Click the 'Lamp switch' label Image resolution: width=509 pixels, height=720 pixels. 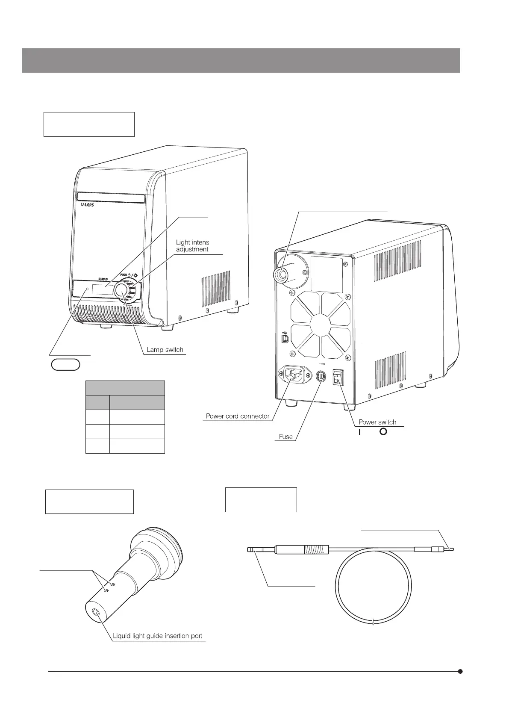pyautogui.click(x=165, y=350)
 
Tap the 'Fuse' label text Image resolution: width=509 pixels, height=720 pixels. pyautogui.click(x=285, y=437)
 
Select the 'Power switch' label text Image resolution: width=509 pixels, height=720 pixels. pyautogui.click(x=377, y=422)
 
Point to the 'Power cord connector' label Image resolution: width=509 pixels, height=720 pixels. pyautogui.click(x=238, y=416)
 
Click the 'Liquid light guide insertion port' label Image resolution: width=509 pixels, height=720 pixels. pyautogui.click(x=157, y=636)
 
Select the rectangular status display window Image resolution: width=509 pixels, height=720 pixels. pyautogui.click(x=103, y=290)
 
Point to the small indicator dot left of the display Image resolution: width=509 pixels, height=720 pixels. pyautogui.click(x=88, y=289)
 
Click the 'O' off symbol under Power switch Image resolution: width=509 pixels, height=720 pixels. pyautogui.click(x=383, y=432)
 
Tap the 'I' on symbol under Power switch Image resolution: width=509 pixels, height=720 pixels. pyautogui.click(x=360, y=432)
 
